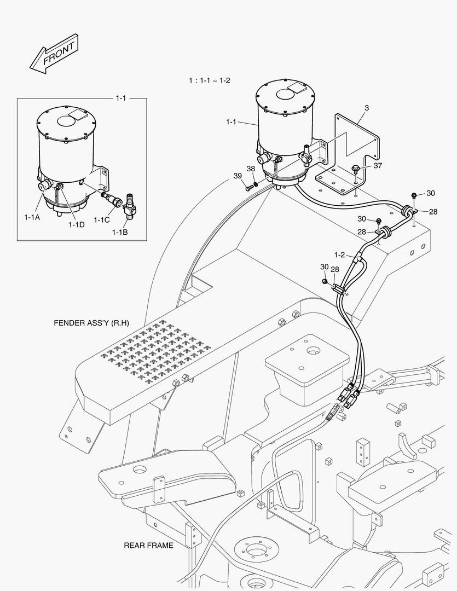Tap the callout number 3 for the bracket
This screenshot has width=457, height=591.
[367, 108]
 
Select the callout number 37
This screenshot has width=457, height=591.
[377, 165]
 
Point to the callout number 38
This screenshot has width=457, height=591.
[251, 169]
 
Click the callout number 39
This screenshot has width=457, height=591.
[238, 175]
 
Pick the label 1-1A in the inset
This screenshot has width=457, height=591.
[32, 217]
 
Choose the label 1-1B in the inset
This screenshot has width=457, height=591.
[120, 233]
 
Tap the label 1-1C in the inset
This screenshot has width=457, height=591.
[101, 220]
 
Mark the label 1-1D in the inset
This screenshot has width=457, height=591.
[76, 224]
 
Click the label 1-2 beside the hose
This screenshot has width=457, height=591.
[340, 254]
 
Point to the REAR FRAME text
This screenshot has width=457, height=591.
[148, 545]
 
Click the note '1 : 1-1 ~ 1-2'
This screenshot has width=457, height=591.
[210, 80]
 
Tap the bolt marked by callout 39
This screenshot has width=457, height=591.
[250, 188]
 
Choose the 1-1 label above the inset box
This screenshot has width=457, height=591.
[120, 98]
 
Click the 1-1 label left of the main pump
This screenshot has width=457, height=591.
[232, 122]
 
